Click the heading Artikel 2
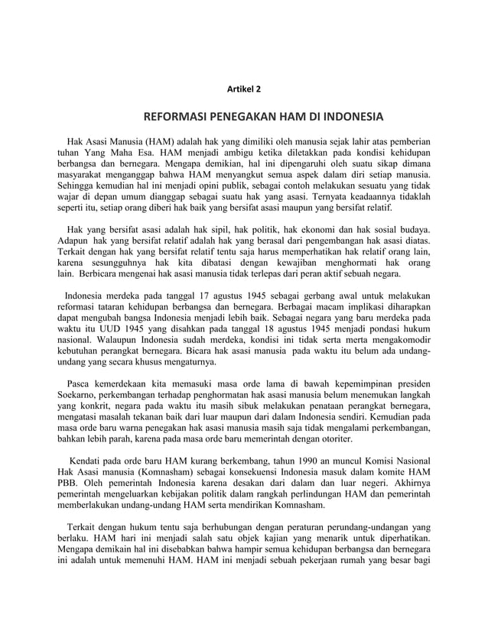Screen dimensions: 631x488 coord(244,89)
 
